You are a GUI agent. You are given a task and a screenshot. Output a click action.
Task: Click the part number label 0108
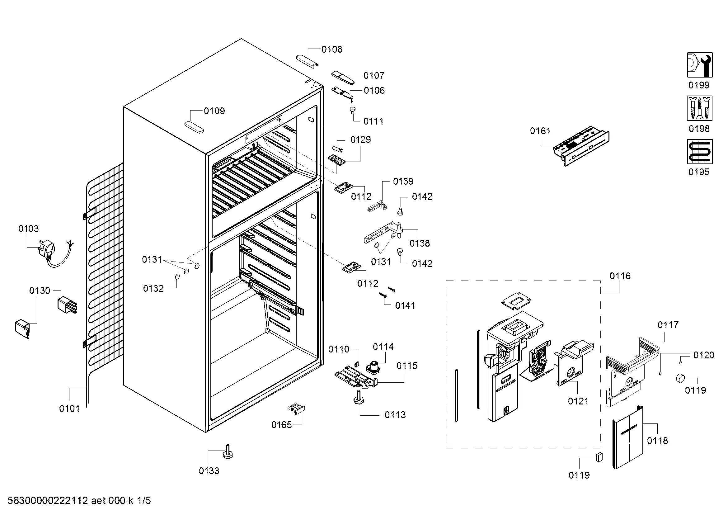(x=332, y=49)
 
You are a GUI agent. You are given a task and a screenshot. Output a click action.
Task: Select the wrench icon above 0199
(x=700, y=65)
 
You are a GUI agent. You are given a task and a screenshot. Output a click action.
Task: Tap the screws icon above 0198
(x=699, y=108)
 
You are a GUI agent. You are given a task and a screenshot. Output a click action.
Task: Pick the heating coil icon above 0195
(x=699, y=152)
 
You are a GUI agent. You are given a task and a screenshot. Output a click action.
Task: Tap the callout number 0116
(x=620, y=276)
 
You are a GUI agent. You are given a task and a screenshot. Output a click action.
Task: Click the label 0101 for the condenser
(x=69, y=409)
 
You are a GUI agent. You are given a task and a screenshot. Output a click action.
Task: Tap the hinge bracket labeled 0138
(x=384, y=233)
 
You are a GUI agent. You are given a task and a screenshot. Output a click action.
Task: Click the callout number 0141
(x=405, y=305)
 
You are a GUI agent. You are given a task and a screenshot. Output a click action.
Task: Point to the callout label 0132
(x=153, y=288)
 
